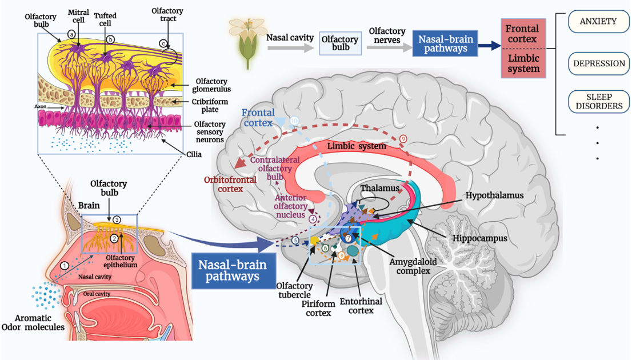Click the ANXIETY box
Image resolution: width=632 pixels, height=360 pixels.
[x=598, y=22]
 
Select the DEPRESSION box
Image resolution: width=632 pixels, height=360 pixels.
[x=598, y=63]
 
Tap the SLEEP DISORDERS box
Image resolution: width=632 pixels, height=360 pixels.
[x=598, y=101]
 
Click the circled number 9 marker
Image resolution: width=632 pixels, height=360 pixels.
[x=403, y=138]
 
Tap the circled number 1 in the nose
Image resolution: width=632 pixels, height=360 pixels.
[x=65, y=265]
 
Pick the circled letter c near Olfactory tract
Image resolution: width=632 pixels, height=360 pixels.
[x=163, y=43]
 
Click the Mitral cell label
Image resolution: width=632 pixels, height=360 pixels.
[x=78, y=15]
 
